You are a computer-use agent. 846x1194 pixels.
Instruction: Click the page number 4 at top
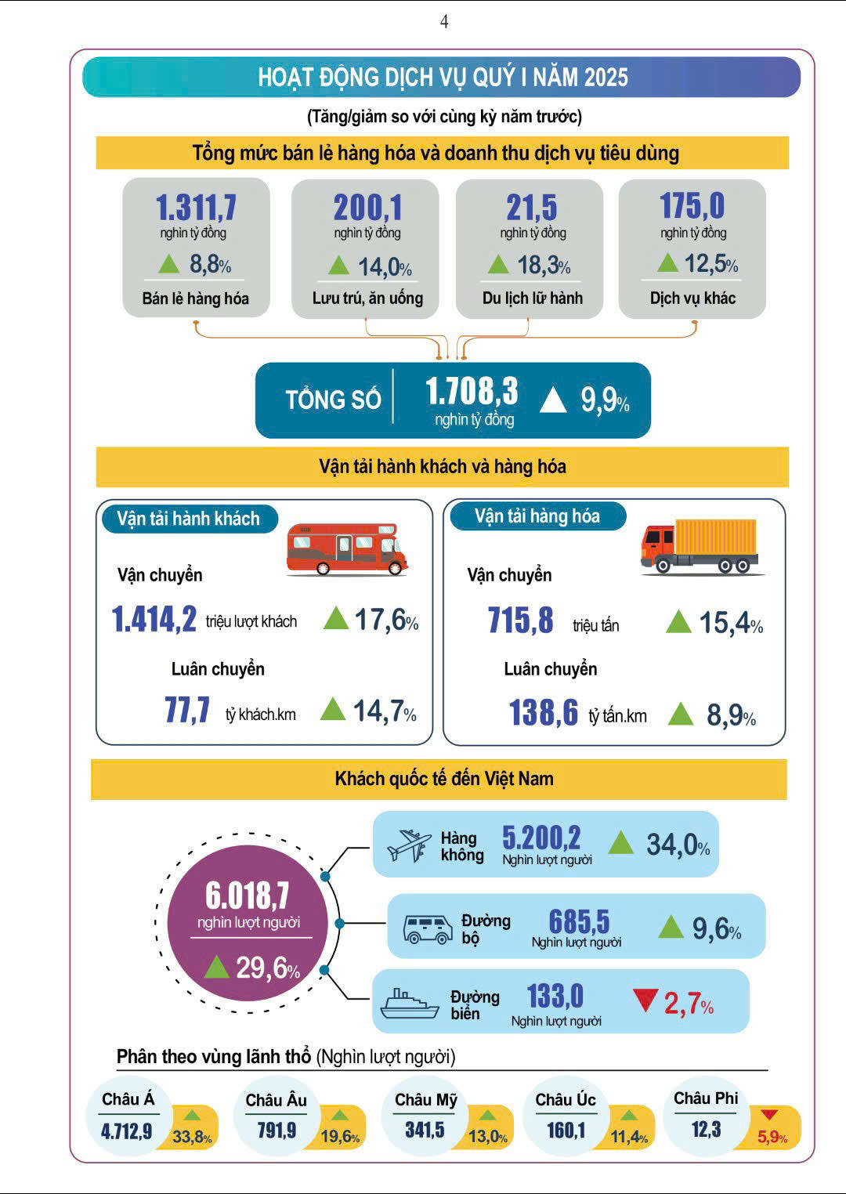(x=444, y=22)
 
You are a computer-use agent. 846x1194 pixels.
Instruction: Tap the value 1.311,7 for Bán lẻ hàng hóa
(x=196, y=208)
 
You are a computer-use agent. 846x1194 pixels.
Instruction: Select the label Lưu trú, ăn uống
(x=367, y=298)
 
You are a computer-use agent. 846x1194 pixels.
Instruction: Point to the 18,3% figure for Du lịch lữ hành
(x=543, y=266)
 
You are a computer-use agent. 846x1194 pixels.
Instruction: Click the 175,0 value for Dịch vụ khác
(x=692, y=206)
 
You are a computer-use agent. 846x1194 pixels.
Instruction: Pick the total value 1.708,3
(x=472, y=391)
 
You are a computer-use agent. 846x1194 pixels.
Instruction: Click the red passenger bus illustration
(x=346, y=548)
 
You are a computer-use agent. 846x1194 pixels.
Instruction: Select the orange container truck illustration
(x=700, y=545)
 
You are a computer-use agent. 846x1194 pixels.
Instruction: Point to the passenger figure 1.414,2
(x=154, y=620)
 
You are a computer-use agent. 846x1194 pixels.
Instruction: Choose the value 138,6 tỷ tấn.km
(x=543, y=713)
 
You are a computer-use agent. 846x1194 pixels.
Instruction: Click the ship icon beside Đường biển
(x=409, y=1004)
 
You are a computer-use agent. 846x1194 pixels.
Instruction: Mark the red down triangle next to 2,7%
(x=645, y=1000)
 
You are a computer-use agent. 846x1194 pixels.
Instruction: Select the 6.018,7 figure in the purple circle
(x=248, y=896)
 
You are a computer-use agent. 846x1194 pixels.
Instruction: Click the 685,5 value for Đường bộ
(x=579, y=921)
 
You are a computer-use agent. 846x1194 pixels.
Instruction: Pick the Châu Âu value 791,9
(x=277, y=1130)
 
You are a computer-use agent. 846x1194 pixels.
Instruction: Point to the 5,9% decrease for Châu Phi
(x=772, y=1137)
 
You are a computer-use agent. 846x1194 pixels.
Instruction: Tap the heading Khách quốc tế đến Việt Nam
(x=443, y=779)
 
